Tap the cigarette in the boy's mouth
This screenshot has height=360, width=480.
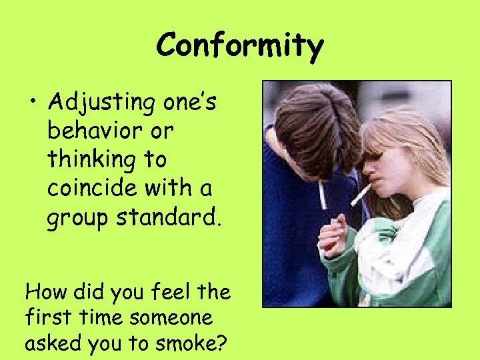click(323, 194)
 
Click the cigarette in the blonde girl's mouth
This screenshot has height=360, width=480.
click(361, 193)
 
